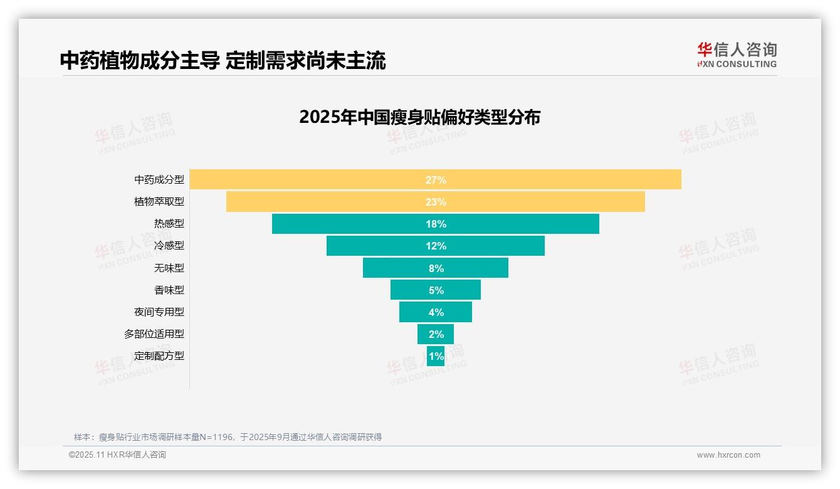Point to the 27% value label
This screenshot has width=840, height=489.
[436, 180]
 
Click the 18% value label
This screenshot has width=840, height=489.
[436, 224]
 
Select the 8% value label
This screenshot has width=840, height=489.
[436, 268]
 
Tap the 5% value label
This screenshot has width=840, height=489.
[436, 290]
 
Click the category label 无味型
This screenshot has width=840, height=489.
[169, 268]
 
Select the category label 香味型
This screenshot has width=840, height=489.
[169, 290]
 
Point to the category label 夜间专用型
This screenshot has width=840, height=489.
[159, 312]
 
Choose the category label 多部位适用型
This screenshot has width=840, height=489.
[154, 334]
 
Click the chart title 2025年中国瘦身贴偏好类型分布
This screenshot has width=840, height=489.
[419, 117]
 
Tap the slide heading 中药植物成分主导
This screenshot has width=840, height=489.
[140, 60]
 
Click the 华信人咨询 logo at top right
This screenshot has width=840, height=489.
[737, 55]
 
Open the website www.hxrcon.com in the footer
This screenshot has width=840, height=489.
[728, 455]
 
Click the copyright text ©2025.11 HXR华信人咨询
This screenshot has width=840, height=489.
[117, 455]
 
